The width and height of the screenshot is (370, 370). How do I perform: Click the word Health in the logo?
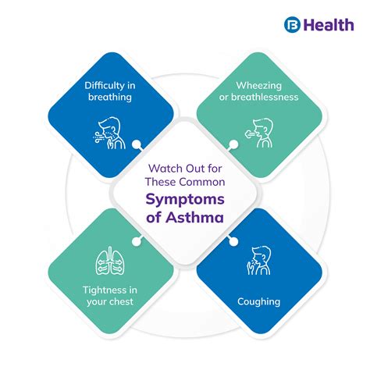[x=329, y=25]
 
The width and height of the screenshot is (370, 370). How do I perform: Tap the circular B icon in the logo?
[x=293, y=25]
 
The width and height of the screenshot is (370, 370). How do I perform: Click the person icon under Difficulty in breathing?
[x=109, y=128]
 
